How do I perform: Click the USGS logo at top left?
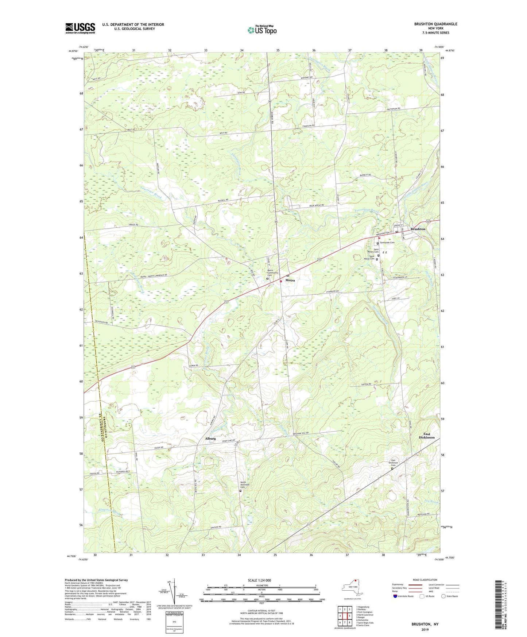click(x=80, y=28)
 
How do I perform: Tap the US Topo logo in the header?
click(x=261, y=30)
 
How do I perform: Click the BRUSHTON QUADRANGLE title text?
click(x=435, y=24)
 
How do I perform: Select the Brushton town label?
click(x=418, y=229)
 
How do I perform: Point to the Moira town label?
click(x=290, y=280)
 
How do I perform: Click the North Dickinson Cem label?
click(x=245, y=485)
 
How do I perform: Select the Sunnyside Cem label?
click(x=387, y=243)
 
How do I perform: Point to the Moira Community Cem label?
click(x=273, y=273)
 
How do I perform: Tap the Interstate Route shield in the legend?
click(x=395, y=596)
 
